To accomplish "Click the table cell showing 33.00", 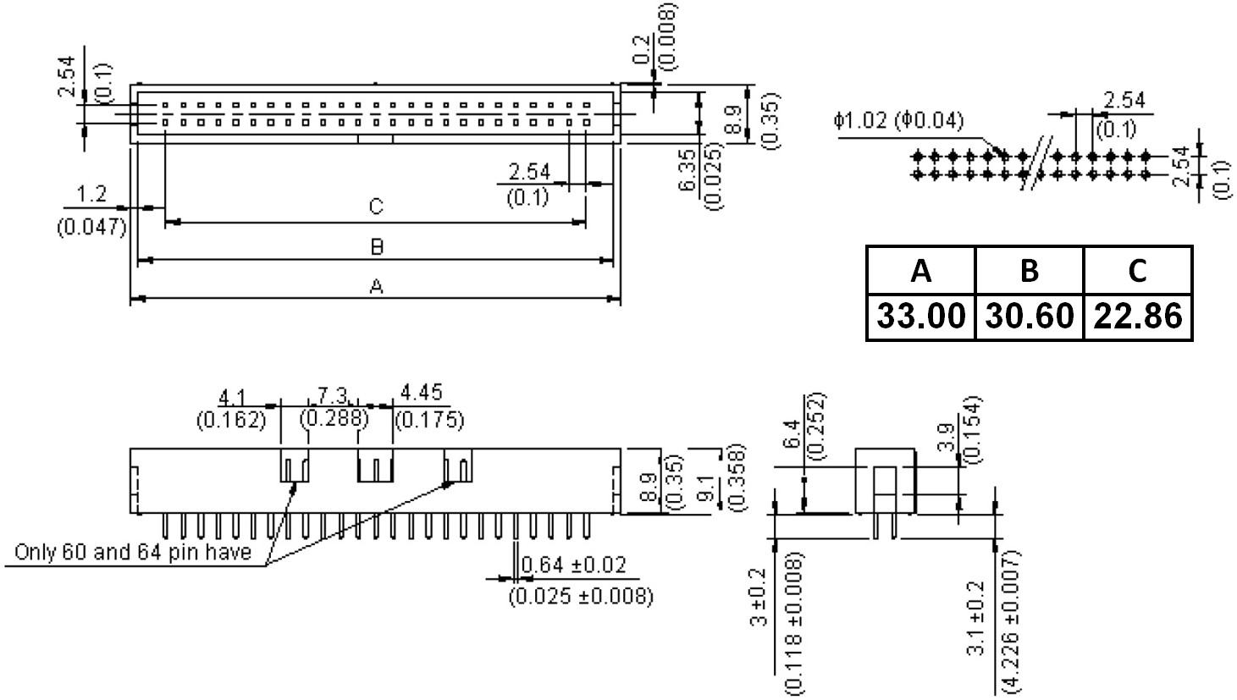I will tap(920, 317).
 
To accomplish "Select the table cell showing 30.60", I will tap(1029, 317).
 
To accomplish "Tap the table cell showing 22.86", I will tap(1137, 317).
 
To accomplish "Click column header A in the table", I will tap(920, 271).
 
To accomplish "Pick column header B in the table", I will tap(1029, 271).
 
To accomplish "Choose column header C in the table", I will tap(1137, 271).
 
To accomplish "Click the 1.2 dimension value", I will tap(91, 196).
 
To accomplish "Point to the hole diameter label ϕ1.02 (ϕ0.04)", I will tap(897, 121).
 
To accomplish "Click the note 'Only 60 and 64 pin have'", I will tap(133, 553).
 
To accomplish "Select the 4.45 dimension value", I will tap(420, 394).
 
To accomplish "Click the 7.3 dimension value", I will tap(333, 395).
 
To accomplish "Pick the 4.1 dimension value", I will tap(231, 395).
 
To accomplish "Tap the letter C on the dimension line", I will tap(376, 207).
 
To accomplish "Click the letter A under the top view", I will tap(376, 288).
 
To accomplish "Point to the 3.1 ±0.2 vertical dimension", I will tap(975, 617).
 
